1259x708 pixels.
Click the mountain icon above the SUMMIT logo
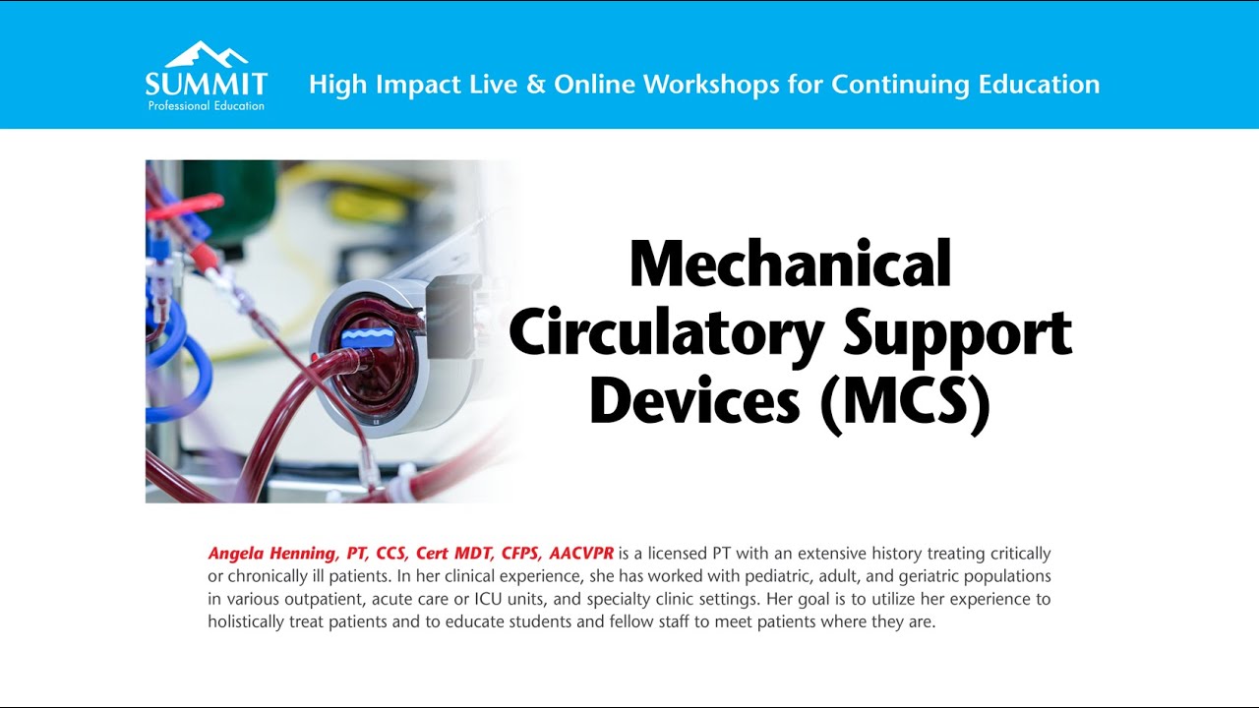pos(206,54)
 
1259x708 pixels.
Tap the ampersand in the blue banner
pos(535,85)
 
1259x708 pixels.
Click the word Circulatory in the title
pos(666,334)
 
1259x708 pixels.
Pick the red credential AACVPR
pos(581,554)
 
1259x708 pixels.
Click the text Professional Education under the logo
pos(206,105)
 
